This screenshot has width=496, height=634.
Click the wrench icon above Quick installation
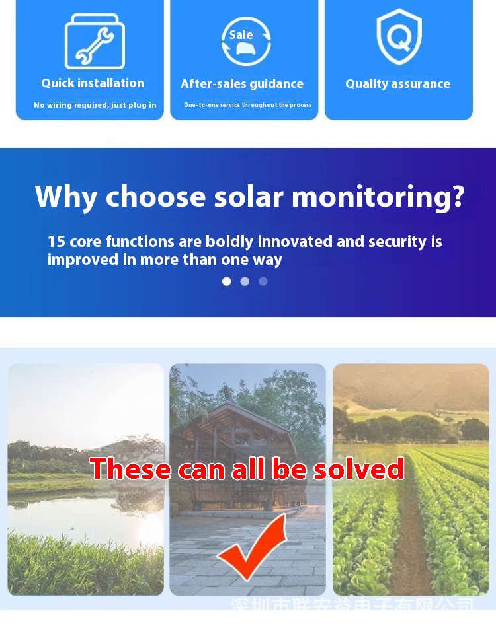click(x=94, y=42)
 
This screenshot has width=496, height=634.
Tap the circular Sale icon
click(x=246, y=42)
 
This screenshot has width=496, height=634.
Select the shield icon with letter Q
click(x=399, y=38)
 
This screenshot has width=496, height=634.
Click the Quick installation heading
click(x=93, y=83)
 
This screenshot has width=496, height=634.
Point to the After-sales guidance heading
click(x=242, y=84)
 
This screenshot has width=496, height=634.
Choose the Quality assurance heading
click(x=397, y=84)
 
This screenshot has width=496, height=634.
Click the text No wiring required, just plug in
click(x=95, y=105)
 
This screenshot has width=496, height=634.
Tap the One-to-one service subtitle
click(x=247, y=105)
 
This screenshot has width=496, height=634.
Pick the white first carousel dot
click(x=227, y=281)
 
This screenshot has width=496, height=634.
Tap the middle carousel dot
click(x=245, y=281)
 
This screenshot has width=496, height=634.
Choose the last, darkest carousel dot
click(x=263, y=281)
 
